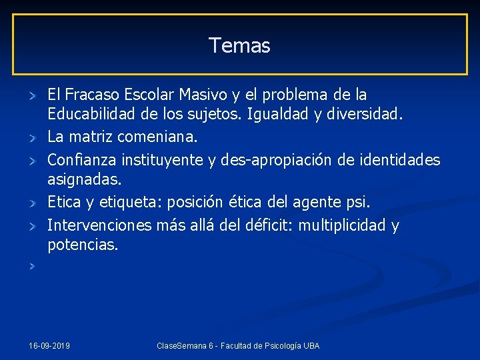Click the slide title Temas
239,45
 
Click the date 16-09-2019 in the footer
50,346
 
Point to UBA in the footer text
311,346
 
